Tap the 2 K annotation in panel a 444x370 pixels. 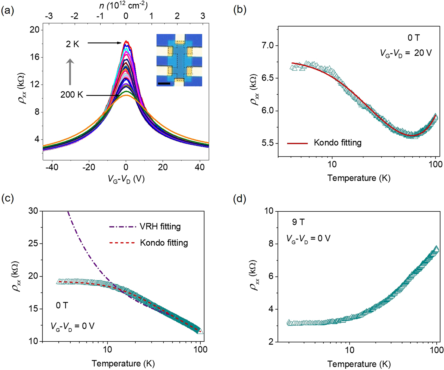72,44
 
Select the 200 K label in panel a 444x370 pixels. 72,95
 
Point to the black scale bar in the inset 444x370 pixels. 164,84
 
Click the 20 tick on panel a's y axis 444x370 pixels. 34,30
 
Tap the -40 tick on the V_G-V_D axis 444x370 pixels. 52,167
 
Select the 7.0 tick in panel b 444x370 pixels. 267,45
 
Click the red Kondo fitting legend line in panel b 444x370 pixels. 297,143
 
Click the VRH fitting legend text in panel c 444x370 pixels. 160,226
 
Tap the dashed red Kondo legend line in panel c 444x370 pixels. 122,243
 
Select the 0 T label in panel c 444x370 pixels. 62,305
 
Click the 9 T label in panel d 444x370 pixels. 298,222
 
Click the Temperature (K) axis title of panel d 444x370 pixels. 359,364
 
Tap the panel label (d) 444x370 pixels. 240,199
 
